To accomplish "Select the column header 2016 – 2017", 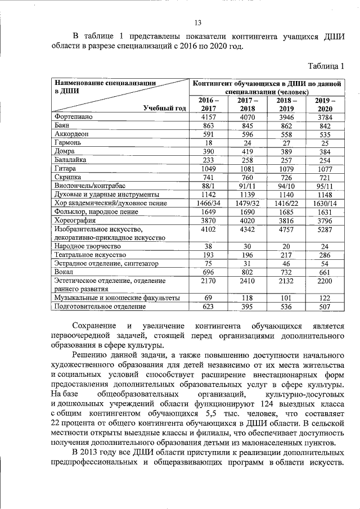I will (x=209, y=104).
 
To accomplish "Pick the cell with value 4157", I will (x=209, y=117).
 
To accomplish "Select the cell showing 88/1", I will (x=209, y=185).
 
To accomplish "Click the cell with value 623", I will (x=209, y=307).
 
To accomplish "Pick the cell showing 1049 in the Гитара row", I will (x=209, y=168).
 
